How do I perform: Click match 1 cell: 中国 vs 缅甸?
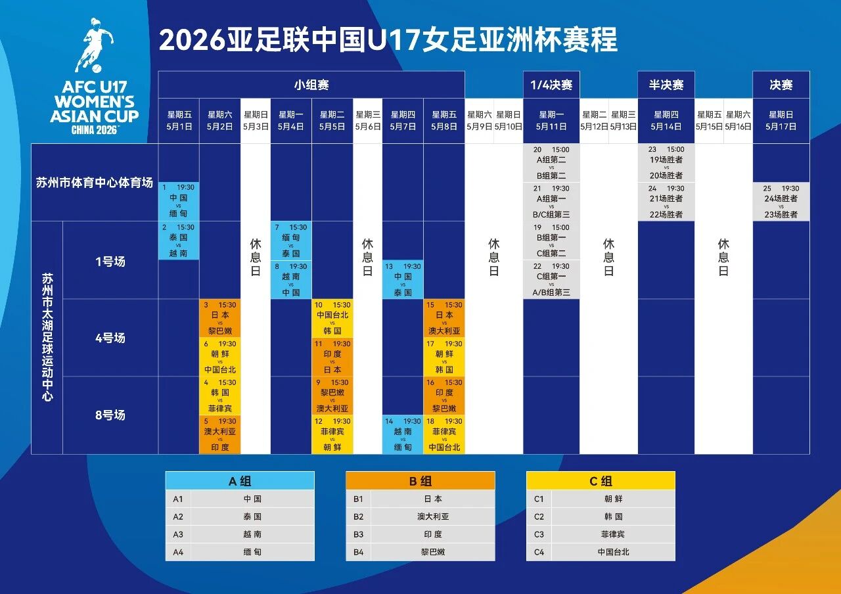click(x=179, y=201)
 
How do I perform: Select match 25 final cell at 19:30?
click(x=781, y=201)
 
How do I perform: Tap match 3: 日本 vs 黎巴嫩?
click(x=220, y=318)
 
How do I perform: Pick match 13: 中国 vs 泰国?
click(x=403, y=279)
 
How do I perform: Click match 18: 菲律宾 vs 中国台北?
click(x=444, y=434)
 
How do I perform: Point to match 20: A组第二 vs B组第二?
click(x=551, y=163)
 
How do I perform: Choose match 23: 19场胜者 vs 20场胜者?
click(x=666, y=163)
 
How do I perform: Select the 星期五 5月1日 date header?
click(x=179, y=121)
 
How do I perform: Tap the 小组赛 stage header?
click(x=311, y=85)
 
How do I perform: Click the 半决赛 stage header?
click(x=666, y=85)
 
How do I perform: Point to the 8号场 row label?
click(x=110, y=415)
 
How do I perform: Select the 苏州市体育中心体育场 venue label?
click(x=94, y=182)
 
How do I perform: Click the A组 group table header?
click(x=240, y=481)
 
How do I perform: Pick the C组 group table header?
click(x=601, y=481)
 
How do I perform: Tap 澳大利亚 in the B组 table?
click(x=433, y=516)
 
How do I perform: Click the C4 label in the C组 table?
click(x=539, y=552)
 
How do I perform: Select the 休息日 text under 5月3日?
click(x=256, y=256)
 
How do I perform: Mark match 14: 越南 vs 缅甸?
click(x=403, y=434)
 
